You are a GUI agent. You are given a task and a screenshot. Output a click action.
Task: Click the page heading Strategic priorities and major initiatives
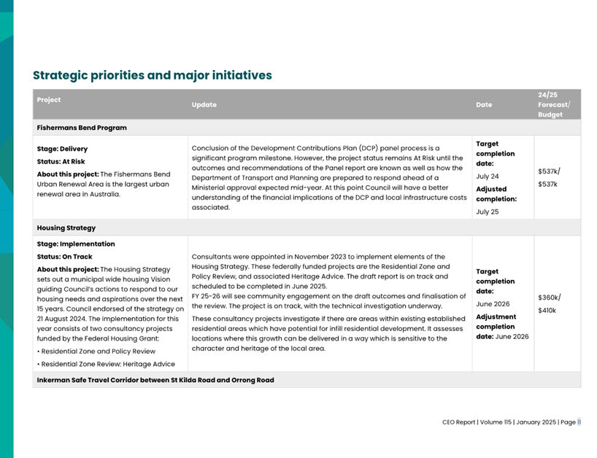(x=153, y=75)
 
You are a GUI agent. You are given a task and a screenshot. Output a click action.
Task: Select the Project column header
(x=49, y=100)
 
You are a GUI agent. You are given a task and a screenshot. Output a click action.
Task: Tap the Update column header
(x=204, y=104)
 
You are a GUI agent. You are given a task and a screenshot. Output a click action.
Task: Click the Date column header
(x=484, y=104)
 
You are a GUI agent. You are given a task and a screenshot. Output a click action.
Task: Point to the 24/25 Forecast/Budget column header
(x=554, y=104)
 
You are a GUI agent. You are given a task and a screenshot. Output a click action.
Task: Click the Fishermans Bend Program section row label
(x=82, y=128)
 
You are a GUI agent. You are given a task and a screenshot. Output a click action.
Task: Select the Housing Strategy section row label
(x=66, y=228)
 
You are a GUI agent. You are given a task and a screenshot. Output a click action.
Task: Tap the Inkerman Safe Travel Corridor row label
(x=155, y=380)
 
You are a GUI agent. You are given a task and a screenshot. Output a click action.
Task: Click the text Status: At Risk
(x=61, y=161)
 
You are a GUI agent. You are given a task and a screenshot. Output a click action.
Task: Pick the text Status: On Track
(x=65, y=257)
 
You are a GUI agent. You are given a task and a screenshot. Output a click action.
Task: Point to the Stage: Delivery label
(x=62, y=149)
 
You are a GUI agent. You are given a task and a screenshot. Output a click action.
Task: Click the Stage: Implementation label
(x=76, y=244)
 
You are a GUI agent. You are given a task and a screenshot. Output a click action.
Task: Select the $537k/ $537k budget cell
(x=548, y=177)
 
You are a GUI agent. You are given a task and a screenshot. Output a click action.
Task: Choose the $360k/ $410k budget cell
(x=548, y=303)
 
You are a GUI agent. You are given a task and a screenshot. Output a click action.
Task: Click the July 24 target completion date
(x=488, y=176)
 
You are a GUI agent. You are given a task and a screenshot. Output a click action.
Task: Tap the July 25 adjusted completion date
(x=488, y=211)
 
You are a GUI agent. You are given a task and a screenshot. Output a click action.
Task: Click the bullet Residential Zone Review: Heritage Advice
(x=108, y=363)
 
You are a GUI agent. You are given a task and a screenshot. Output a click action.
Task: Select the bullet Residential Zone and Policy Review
(x=98, y=351)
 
